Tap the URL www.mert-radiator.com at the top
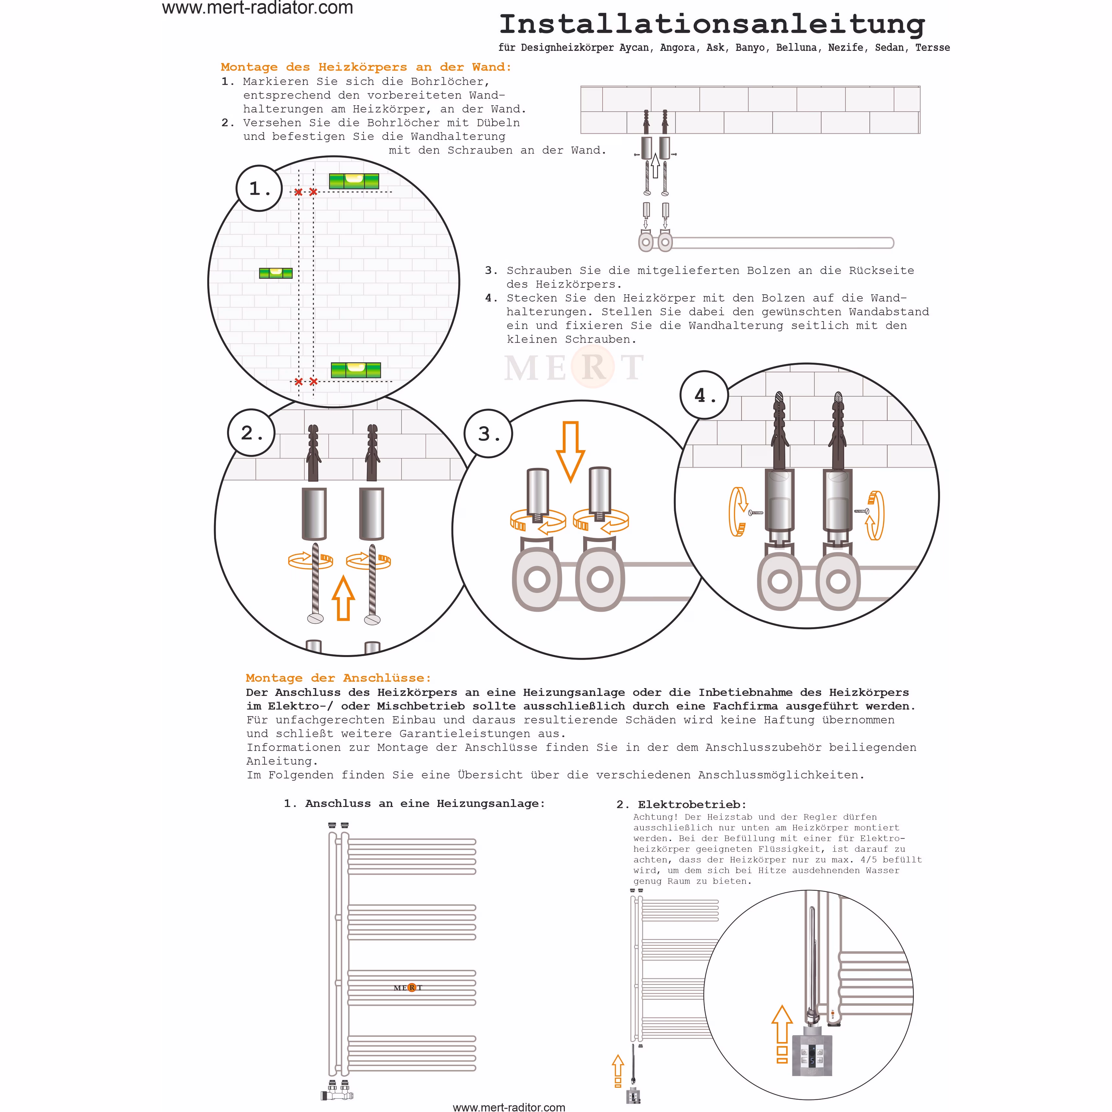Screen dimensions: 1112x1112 [x=257, y=8]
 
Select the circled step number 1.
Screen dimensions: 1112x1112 [x=259, y=188]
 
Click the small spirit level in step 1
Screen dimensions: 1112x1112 [x=275, y=273]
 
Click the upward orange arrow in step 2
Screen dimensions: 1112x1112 [x=344, y=599]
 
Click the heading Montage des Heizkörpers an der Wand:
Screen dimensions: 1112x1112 [x=366, y=67]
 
